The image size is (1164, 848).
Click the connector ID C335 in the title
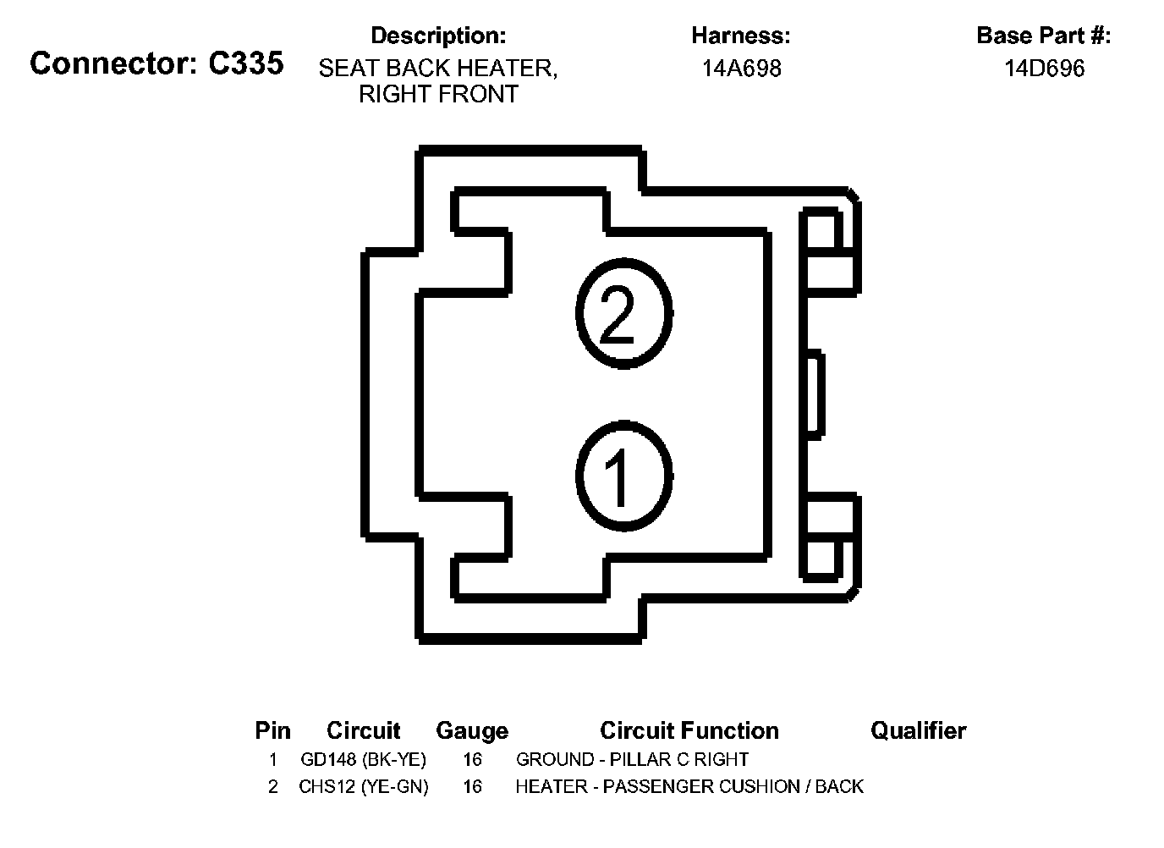[246, 63]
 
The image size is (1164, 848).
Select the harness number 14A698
[741, 69]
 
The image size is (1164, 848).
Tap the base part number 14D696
[1044, 69]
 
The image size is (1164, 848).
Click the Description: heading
[438, 36]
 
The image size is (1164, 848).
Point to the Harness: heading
[741, 36]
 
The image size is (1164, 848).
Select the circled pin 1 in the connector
[624, 474]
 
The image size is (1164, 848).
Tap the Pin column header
[272, 730]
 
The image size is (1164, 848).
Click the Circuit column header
[363, 730]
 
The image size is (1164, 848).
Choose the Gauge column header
[472, 730]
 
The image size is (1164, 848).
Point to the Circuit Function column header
[689, 730]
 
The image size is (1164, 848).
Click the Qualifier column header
[918, 730]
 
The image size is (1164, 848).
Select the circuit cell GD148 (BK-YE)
[363, 759]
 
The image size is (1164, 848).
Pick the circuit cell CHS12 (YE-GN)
[363, 787]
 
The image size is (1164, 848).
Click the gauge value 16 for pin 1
[472, 759]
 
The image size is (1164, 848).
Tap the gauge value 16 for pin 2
[472, 787]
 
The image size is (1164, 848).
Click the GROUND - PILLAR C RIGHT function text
[632, 759]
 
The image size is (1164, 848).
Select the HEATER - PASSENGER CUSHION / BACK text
[689, 787]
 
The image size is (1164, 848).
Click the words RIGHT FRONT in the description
[438, 94]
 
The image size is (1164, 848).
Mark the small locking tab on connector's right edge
[813, 394]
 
